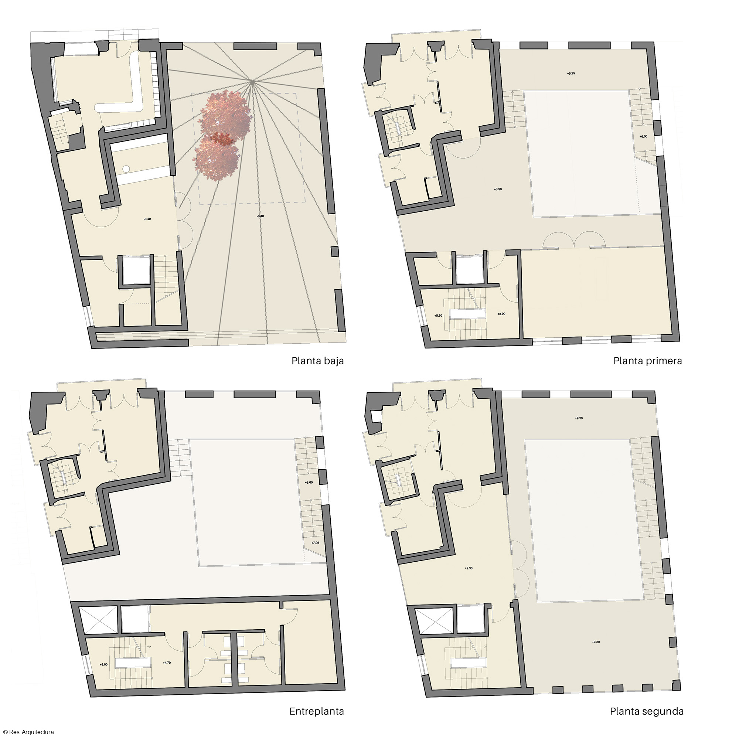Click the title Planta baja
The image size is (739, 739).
[317, 361]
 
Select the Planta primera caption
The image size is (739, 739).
[648, 361]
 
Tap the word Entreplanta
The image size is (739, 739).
[316, 711]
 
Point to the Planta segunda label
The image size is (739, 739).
[646, 711]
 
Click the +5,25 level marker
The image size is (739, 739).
[571, 74]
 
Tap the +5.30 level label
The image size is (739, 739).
[438, 316]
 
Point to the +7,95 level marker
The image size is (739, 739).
[315, 543]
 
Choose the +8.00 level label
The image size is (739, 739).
[104, 665]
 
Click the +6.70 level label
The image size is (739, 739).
[167, 663]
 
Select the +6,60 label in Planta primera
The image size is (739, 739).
[643, 137]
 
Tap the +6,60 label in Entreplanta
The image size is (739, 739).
[309, 483]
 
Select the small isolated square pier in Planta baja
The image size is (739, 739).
[335, 251]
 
